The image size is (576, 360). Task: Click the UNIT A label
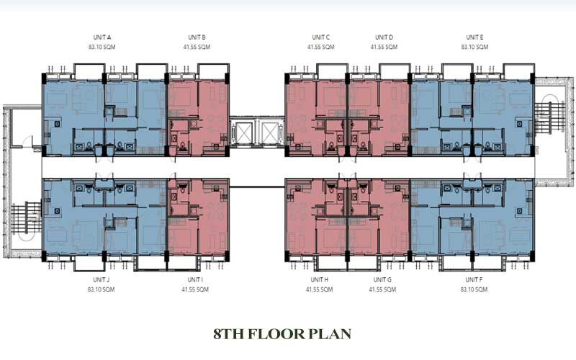102,37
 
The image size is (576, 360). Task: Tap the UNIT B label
197,37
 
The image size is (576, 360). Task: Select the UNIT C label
321,37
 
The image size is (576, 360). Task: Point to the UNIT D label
384,37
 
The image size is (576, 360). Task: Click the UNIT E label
475,37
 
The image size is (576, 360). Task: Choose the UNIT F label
474,279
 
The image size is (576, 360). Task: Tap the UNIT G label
383,279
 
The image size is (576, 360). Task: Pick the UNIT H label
320,279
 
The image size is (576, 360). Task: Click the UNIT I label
195,279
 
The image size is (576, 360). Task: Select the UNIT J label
102,279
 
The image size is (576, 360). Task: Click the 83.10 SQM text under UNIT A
102,47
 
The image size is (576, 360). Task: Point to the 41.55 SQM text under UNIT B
197,47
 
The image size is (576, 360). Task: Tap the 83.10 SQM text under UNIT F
474,289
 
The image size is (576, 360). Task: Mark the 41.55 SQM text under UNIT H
320,289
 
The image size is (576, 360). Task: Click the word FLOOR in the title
276,334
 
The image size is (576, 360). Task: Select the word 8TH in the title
228,334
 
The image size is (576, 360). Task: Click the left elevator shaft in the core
243,132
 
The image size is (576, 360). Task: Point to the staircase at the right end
550,117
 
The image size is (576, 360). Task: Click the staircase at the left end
26,217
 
